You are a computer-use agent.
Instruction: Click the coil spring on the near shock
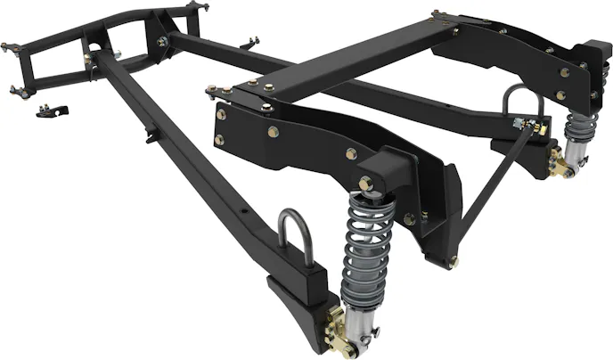tap(367, 245)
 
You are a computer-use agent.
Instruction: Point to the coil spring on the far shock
tap(576, 134)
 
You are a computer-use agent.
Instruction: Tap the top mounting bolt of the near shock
tap(365, 184)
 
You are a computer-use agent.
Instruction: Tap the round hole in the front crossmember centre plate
tap(94, 48)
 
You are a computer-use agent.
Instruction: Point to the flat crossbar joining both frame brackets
tap(347, 62)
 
